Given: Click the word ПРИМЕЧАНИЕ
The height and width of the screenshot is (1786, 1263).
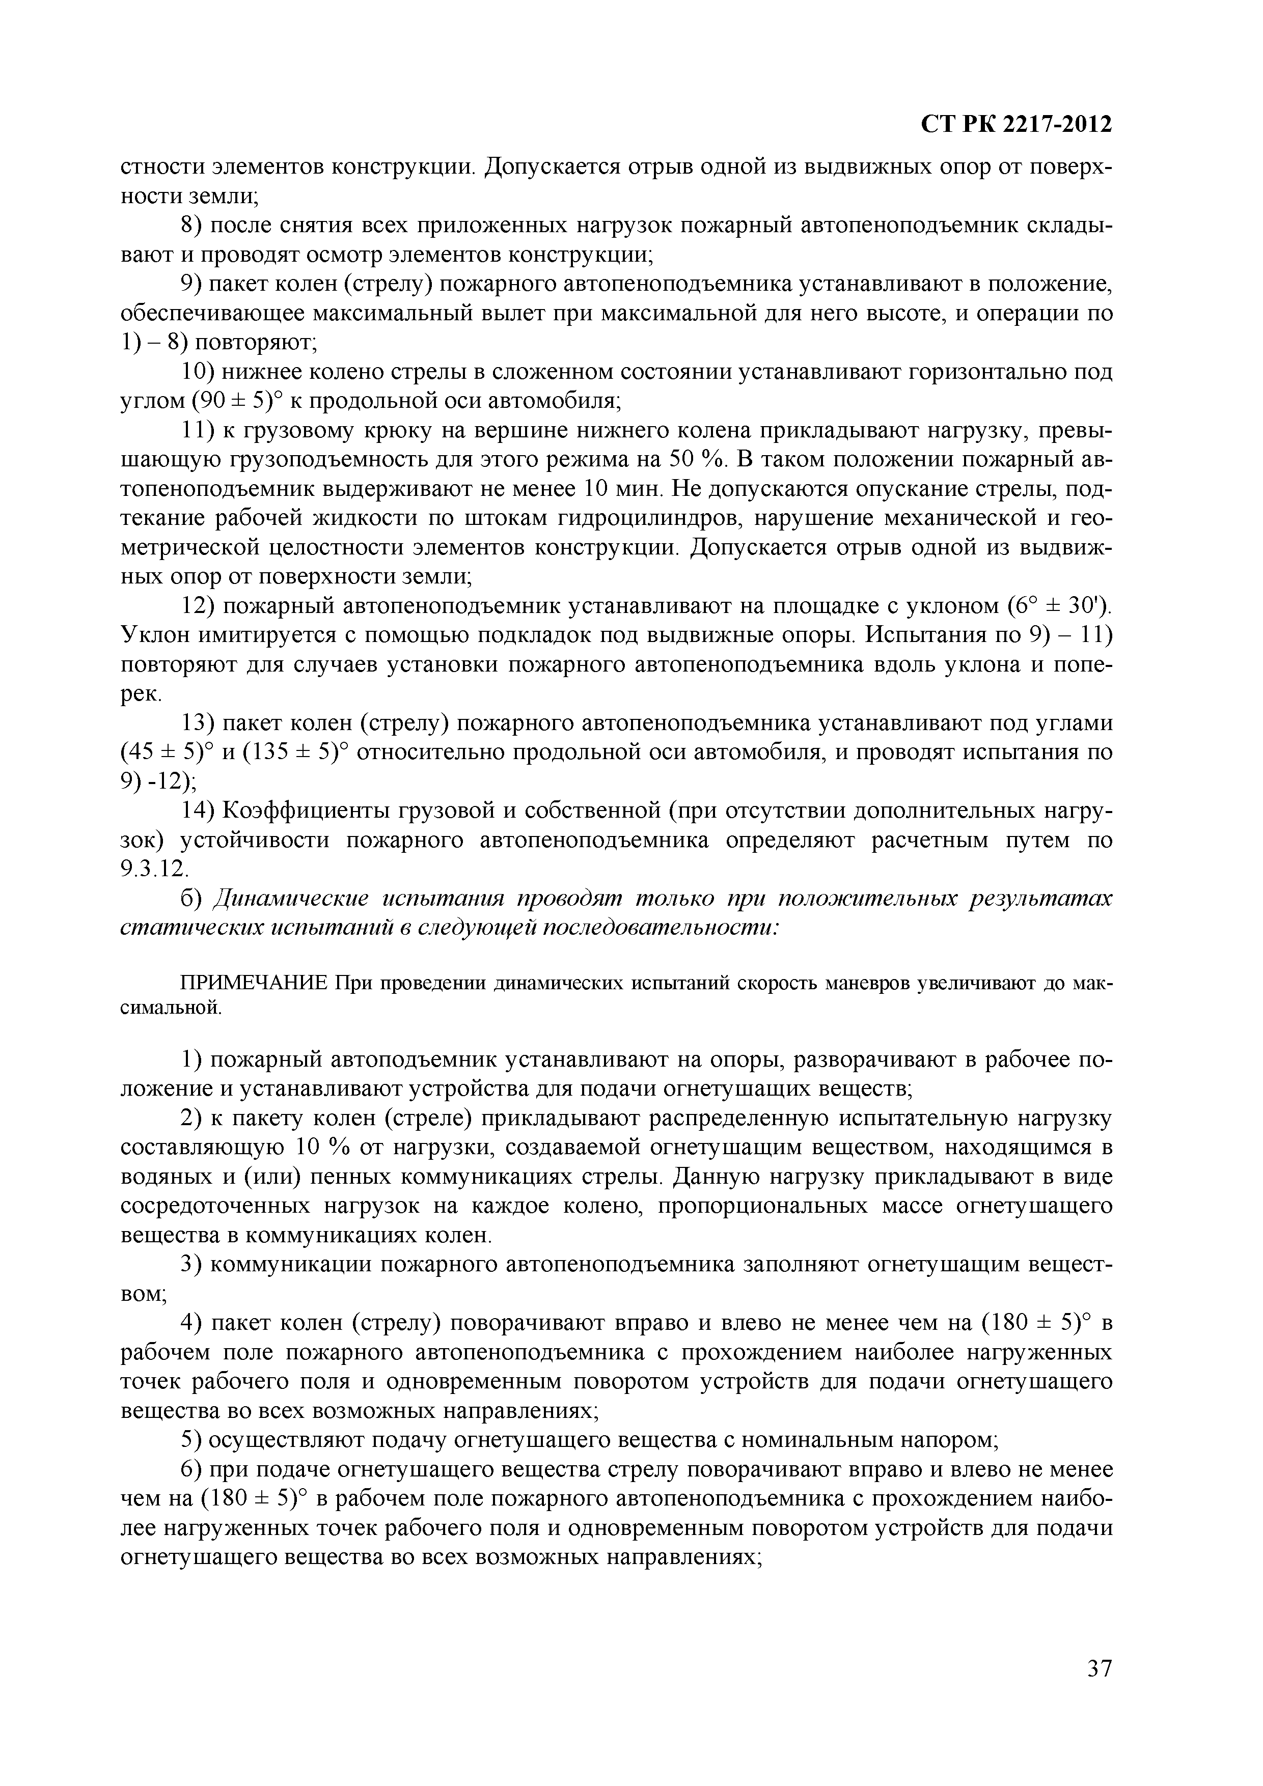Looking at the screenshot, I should point(255,983).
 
